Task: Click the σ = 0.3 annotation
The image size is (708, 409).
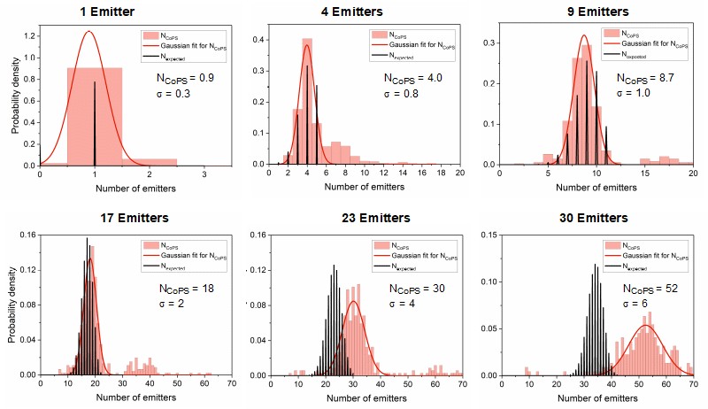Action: pos(174,94)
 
